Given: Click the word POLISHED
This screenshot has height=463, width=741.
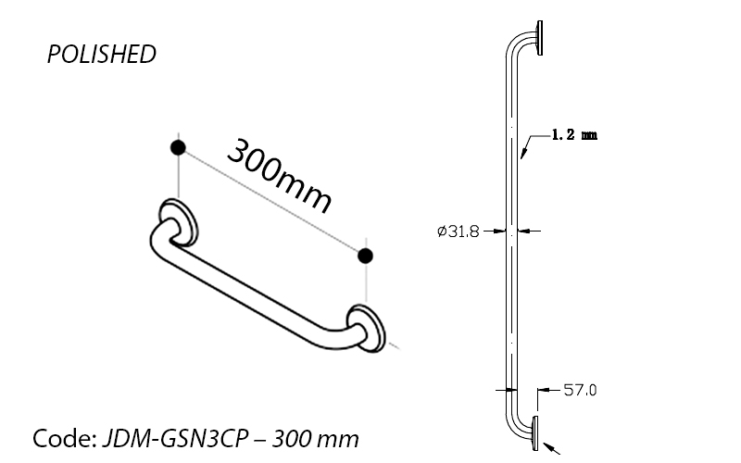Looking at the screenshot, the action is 102,54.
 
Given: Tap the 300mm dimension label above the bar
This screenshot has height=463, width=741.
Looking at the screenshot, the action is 280,175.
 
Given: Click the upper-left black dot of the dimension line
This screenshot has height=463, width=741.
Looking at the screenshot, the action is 178,148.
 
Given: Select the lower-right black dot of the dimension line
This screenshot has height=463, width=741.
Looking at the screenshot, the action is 365,257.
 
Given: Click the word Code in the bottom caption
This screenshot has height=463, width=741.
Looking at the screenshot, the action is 64,438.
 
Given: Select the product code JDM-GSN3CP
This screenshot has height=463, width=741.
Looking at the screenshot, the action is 175,438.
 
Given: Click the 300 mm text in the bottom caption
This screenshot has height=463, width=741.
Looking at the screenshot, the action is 315,438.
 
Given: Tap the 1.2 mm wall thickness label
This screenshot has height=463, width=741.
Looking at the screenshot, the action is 574,135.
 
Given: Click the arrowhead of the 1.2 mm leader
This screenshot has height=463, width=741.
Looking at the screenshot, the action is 522,154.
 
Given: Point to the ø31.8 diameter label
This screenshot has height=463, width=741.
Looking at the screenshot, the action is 458,231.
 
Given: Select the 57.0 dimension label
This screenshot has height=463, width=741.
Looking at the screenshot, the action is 580,390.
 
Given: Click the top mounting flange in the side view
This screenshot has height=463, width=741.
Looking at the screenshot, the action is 540,38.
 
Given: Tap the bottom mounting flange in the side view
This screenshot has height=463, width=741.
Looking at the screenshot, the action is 535,433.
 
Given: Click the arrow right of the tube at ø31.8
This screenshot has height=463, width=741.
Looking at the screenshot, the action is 529,231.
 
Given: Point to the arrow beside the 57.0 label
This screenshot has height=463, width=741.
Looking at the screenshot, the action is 549,390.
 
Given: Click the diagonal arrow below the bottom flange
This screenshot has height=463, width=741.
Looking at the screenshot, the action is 551,448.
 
